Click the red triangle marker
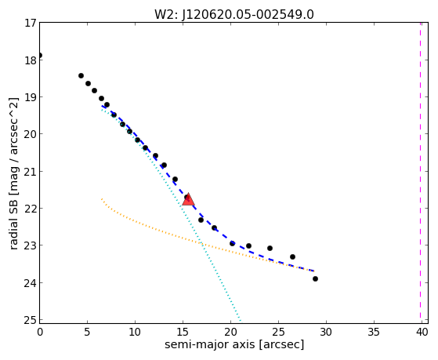pos(188,199)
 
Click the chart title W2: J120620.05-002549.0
pos(234,15)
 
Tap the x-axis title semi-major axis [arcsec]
pos(234,344)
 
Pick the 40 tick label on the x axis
pos(422,333)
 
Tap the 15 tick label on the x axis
pos(183,333)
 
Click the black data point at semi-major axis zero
pos(40,56)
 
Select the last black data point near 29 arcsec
pos(315,279)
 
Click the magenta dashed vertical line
pos(421,171)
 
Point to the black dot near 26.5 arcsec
pos(292,256)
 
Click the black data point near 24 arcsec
pos(270,248)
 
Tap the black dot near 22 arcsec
pos(248,245)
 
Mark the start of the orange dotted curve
pos(102,199)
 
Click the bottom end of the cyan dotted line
pos(241,320)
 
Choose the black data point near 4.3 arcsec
pos(81,75)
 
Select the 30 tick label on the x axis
pos(326,333)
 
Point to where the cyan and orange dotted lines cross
pos(201,244)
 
